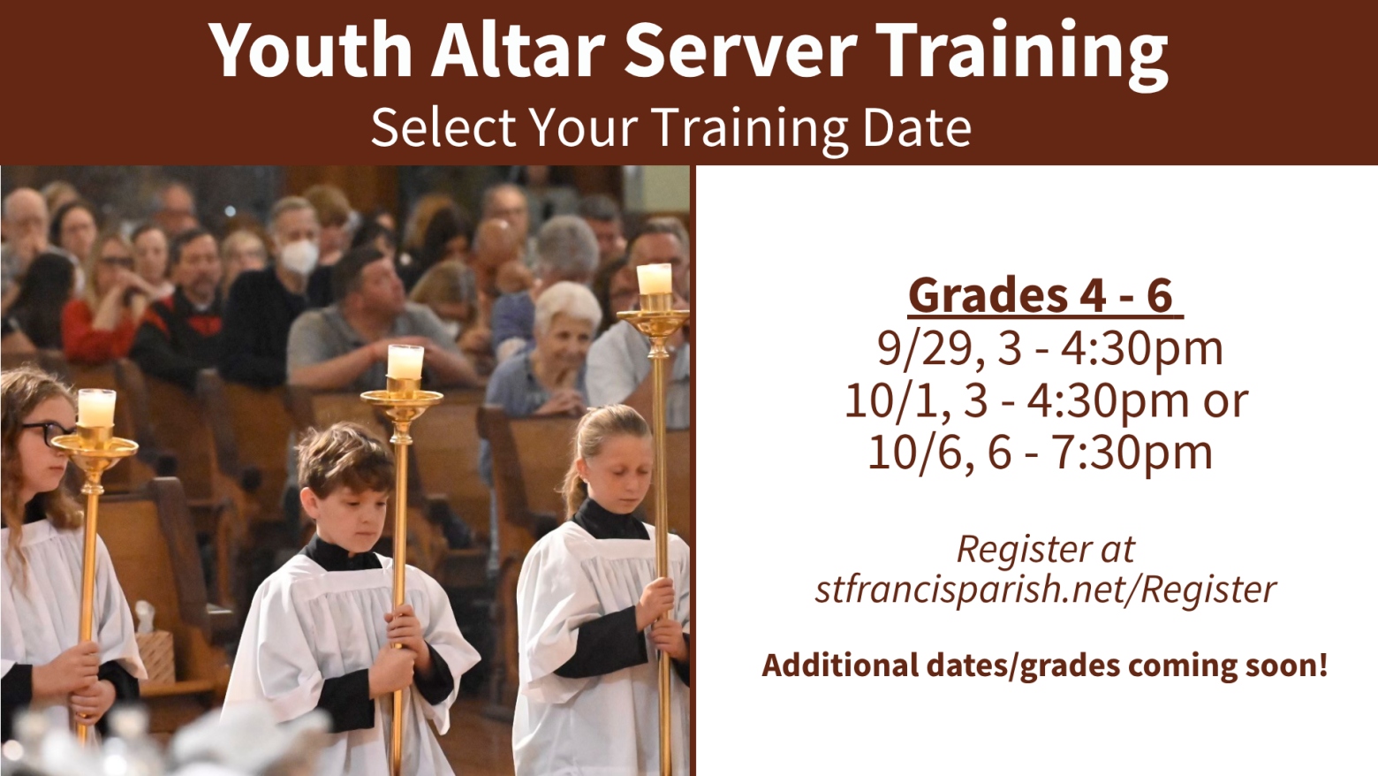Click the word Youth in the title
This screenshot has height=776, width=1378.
point(311,49)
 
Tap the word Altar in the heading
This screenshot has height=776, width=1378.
point(518,49)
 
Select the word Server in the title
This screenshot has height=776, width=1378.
point(740,49)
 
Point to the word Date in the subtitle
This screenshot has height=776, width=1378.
point(917,127)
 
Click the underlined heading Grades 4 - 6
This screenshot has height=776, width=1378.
point(1045,295)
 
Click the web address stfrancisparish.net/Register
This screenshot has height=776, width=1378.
point(1045,590)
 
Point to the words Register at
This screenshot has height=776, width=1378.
point(1045,548)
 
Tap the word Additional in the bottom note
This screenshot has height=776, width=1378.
point(840,666)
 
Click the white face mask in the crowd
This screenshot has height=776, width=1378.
point(299,256)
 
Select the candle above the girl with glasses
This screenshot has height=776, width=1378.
point(96,407)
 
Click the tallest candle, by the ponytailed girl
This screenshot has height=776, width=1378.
point(654,279)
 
